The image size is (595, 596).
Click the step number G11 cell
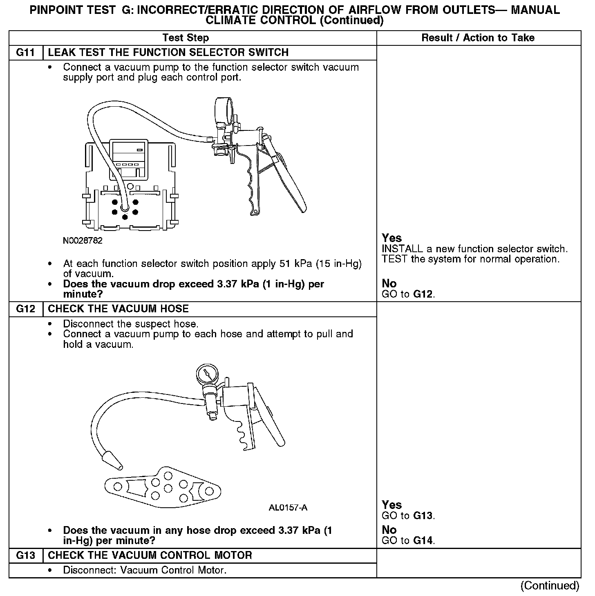coord(26,53)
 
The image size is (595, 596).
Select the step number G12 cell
coord(26,309)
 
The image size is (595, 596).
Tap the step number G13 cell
coord(26,555)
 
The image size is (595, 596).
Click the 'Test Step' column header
coord(186,38)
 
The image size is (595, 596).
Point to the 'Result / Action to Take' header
coord(478,38)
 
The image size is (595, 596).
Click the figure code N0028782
coord(83,241)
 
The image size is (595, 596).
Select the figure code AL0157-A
coord(288,508)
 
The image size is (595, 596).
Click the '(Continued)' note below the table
coord(550,586)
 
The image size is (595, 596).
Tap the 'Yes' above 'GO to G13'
coord(391,505)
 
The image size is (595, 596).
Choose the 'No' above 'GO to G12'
coord(389,283)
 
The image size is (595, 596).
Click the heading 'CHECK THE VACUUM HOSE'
coord(118,309)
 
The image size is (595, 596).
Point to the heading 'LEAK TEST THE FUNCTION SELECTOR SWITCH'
coord(168,53)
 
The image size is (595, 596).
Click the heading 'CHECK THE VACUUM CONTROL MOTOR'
coord(150,555)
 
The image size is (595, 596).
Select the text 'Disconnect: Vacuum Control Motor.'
coord(145,570)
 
